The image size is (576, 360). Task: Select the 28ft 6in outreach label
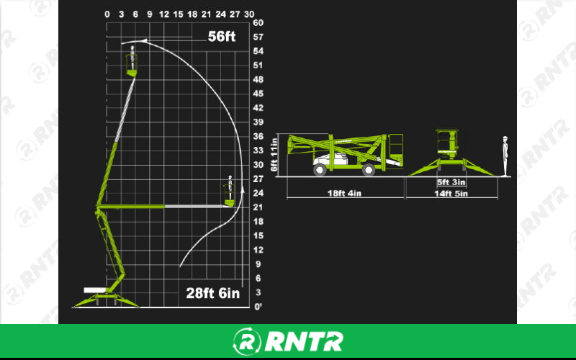[x=212, y=294]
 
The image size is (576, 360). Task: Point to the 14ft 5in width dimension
[x=451, y=194]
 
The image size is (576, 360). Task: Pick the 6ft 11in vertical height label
[x=275, y=155]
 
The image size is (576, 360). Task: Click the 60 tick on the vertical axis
[x=258, y=23]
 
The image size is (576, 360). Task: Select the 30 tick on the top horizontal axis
[x=249, y=14]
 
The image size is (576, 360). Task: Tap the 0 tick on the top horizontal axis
[x=107, y=14]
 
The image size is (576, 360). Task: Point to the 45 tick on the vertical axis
[x=258, y=94]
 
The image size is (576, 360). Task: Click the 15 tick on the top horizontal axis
[x=178, y=14]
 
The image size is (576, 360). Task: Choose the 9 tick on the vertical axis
[x=258, y=264]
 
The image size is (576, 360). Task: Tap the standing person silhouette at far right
[x=505, y=156]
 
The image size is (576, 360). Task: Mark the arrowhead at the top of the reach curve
[x=145, y=41]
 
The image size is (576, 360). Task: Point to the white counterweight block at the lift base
[x=94, y=289]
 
